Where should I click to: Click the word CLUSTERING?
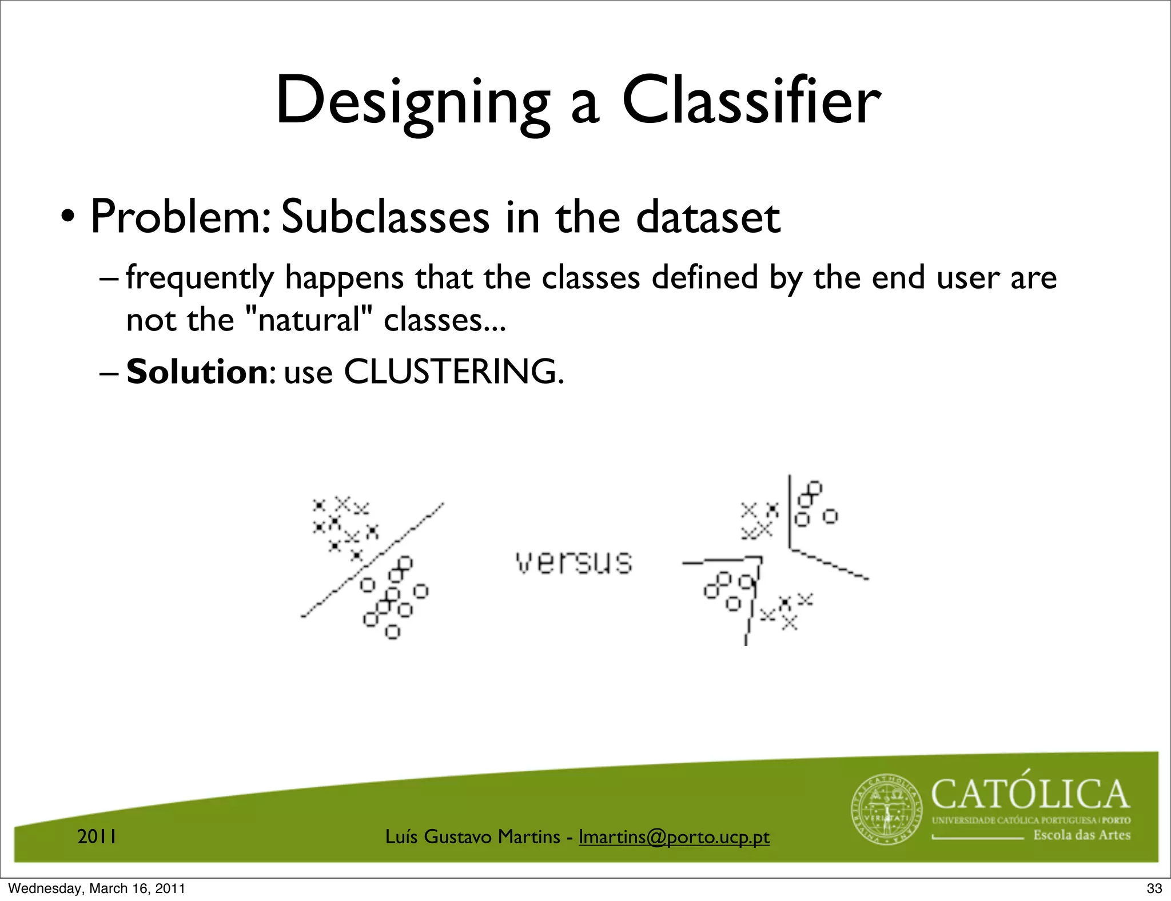pyautogui.click(x=453, y=372)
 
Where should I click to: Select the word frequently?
pyautogui.click(x=200, y=278)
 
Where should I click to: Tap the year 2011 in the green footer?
pyautogui.click(x=97, y=836)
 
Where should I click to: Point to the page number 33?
pyautogui.click(x=1154, y=888)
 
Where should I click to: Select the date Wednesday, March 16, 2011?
pyautogui.click(x=97, y=888)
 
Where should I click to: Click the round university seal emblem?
pyautogui.click(x=886, y=810)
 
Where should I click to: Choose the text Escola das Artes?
pyautogui.click(x=1081, y=835)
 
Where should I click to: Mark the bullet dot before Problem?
pyautogui.click(x=67, y=218)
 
